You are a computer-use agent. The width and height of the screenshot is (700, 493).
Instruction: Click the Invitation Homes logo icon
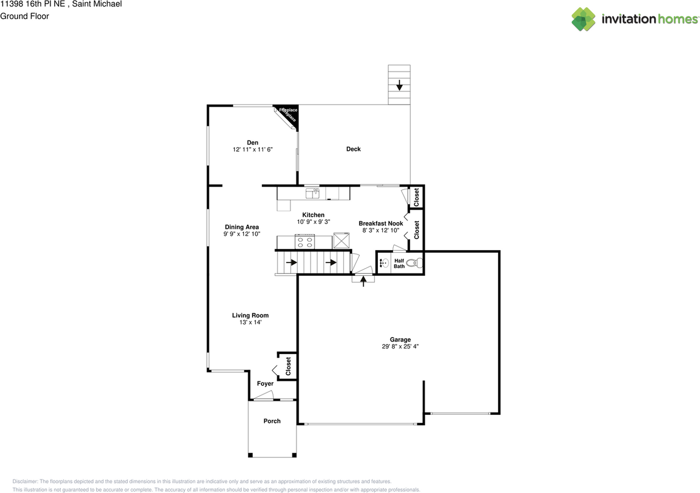[x=584, y=19]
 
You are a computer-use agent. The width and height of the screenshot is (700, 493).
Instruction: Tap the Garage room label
[x=400, y=340]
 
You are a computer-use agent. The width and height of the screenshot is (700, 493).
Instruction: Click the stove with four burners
[x=305, y=241]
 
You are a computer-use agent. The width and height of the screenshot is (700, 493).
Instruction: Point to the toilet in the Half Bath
[x=418, y=263]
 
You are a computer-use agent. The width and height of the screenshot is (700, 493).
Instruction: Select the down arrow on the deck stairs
[x=399, y=85]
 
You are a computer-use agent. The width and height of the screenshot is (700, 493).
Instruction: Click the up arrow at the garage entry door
[x=364, y=280]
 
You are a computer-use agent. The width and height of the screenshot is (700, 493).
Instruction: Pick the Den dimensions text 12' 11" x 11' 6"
[x=252, y=149]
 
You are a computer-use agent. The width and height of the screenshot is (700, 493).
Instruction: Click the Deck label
[x=353, y=149]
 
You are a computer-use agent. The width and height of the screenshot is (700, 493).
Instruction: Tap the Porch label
[x=272, y=421]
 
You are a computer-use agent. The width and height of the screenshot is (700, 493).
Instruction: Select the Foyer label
[x=265, y=384]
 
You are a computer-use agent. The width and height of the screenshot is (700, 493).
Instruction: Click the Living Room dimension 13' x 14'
[x=250, y=323]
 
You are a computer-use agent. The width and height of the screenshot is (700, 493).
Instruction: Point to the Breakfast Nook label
[x=381, y=223]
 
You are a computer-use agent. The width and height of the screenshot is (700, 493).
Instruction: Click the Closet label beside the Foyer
[x=288, y=366]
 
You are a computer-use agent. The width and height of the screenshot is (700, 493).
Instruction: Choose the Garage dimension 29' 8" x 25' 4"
[x=400, y=346]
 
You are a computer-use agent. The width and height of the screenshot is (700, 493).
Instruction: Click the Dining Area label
[x=242, y=227]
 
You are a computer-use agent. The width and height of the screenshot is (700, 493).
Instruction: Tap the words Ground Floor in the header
[x=25, y=16]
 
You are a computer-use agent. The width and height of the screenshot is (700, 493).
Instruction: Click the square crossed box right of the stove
[x=342, y=241]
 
